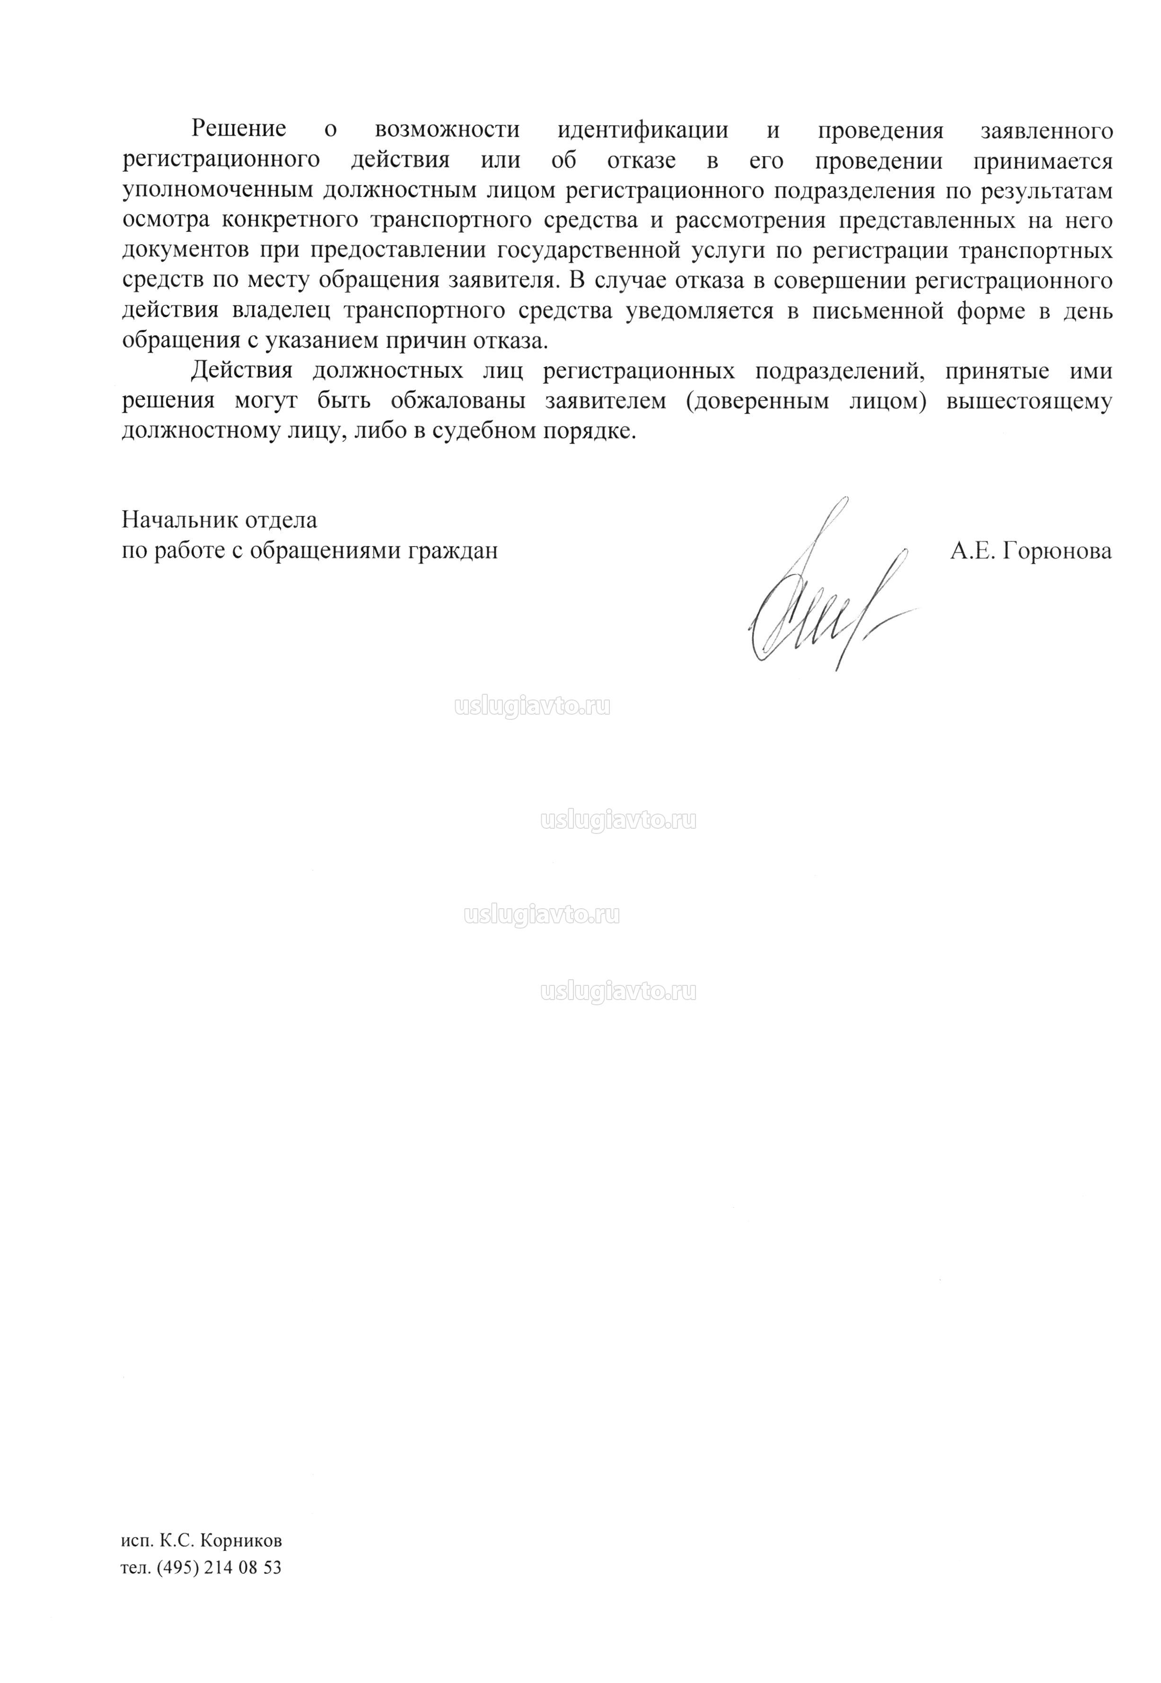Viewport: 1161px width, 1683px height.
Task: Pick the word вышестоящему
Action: (x=1029, y=401)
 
